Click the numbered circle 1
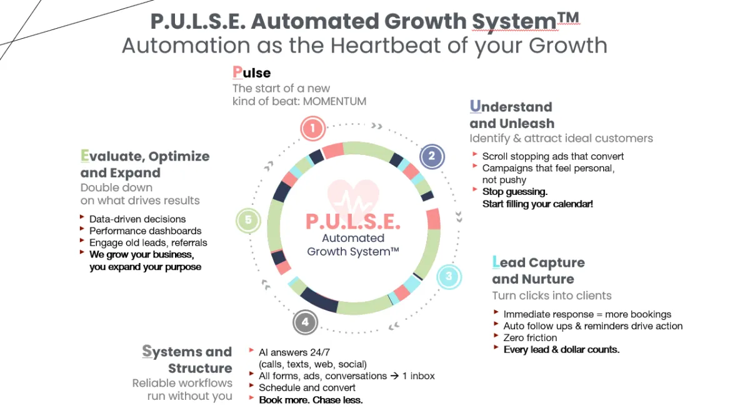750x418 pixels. click(312, 129)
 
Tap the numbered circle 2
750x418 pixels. click(431, 156)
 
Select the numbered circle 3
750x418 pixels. click(448, 277)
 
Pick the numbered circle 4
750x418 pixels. click(305, 322)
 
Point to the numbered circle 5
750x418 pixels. click(248, 221)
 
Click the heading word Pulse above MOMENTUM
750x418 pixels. click(251, 72)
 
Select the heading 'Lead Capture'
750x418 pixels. click(539, 262)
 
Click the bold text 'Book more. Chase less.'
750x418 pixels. click(311, 400)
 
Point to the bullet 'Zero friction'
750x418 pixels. click(530, 337)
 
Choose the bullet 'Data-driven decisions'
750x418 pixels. click(137, 219)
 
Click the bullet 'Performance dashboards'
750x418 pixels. click(145, 231)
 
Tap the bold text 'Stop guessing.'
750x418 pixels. click(515, 192)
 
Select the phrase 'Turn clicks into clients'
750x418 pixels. click(552, 296)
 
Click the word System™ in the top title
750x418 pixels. click(525, 21)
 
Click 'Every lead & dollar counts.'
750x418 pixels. click(561, 349)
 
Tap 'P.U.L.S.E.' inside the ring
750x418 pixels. click(353, 222)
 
